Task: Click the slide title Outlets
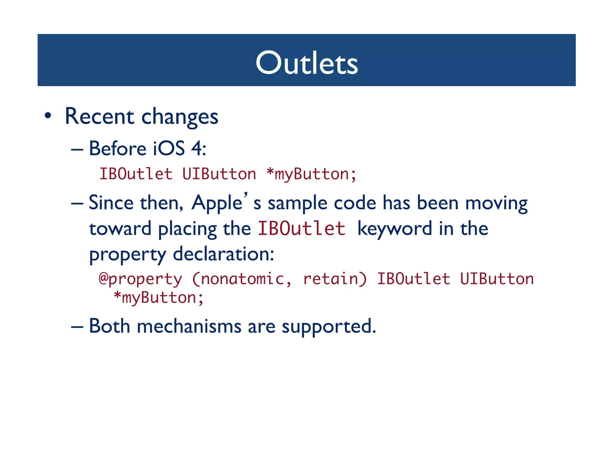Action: (306, 63)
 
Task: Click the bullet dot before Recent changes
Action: (48, 116)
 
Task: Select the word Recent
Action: (99, 116)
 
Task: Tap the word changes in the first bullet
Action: (180, 117)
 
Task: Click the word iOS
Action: (169, 148)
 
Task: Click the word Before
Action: (118, 148)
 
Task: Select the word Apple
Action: (217, 203)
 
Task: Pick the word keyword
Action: (394, 229)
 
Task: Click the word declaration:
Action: (223, 254)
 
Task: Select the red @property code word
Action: (140, 279)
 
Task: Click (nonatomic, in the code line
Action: (242, 279)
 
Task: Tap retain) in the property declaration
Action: (335, 279)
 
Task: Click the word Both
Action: (109, 326)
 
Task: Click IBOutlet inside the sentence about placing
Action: (301, 229)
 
